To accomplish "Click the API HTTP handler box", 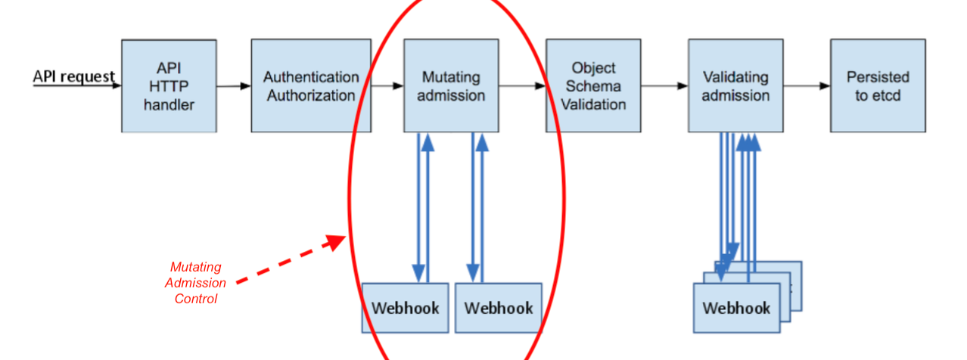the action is (169, 86).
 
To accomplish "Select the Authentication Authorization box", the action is (311, 86).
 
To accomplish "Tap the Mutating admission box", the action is (451, 86).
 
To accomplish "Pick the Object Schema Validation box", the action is (593, 86).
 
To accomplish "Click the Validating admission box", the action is (735, 86).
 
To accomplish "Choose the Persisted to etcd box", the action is (878, 86).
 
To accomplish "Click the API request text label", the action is (74, 76).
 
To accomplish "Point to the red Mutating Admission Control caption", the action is (195, 283).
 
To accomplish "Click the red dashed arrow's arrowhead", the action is (335, 242).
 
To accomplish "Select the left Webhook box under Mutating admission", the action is (406, 308).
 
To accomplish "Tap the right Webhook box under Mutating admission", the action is (499, 308).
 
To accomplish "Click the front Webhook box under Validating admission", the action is (736, 308).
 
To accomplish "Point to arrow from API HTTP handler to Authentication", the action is (234, 86).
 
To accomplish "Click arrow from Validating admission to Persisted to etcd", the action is (807, 86).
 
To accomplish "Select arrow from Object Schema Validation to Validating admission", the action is (664, 86).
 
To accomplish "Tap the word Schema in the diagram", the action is (593, 86).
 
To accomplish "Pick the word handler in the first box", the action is (169, 104).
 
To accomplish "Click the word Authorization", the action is (311, 95).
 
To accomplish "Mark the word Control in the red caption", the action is (195, 299).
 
